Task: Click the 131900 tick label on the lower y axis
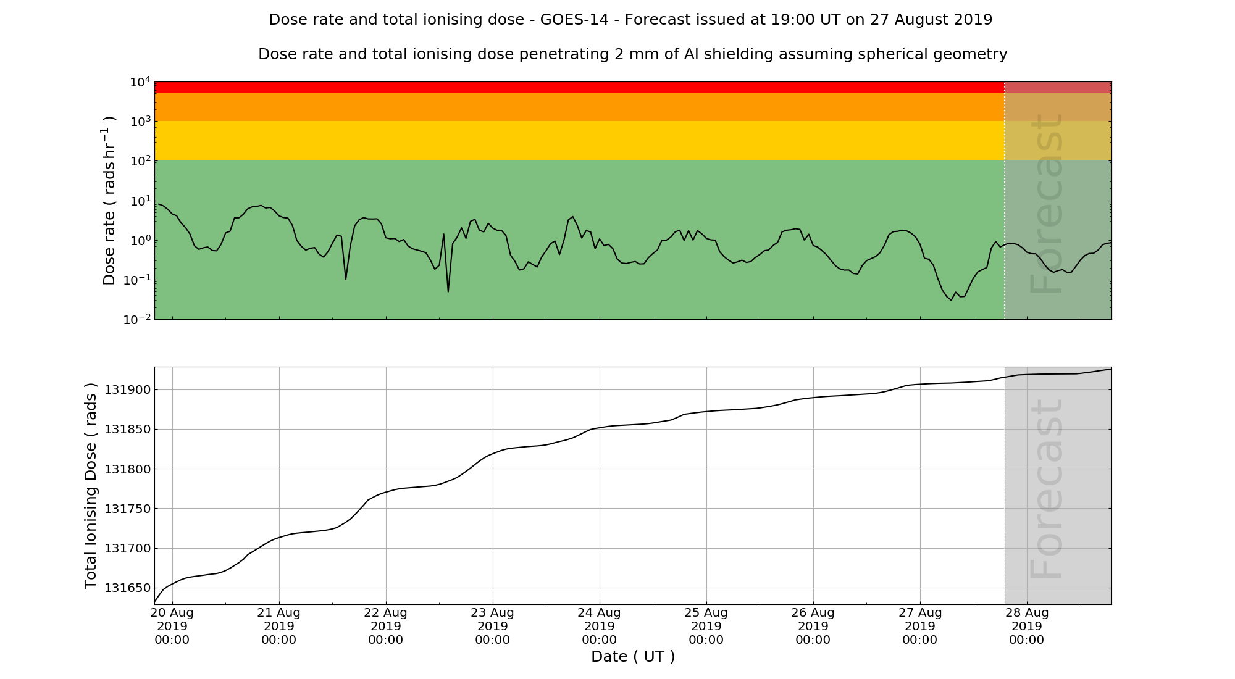pos(127,390)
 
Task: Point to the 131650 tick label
pos(127,588)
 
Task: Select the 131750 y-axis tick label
pos(127,509)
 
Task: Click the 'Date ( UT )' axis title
pos(633,657)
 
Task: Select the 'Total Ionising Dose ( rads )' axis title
pos(91,486)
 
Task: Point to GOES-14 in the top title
pos(578,20)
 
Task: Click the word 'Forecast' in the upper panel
pos(1047,204)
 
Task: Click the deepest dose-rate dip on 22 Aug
pos(448,291)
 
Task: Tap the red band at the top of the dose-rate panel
pos(556,88)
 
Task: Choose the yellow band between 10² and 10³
pos(556,141)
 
